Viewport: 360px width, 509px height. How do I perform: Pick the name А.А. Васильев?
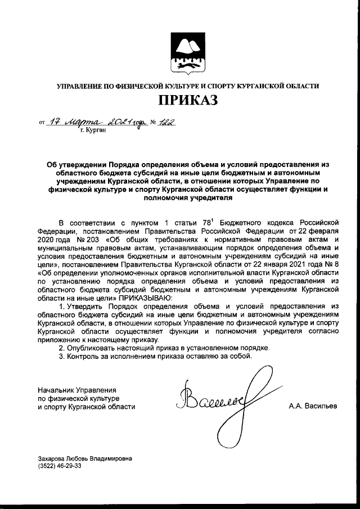tap(312, 406)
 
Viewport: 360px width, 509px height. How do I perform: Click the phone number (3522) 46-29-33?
tap(59, 466)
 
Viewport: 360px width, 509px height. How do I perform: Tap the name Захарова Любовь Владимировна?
tap(85, 458)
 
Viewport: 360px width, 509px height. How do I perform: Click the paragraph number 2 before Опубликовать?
tap(62, 348)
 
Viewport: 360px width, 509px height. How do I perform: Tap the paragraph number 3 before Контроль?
tap(62, 357)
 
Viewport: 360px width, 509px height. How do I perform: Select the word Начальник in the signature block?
tap(55, 390)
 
